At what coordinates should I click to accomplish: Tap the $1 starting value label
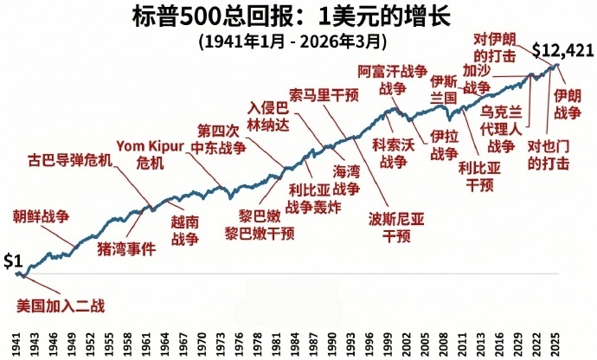(x=13, y=260)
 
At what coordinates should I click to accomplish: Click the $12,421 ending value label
(x=562, y=51)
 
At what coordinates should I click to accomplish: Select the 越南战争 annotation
(x=184, y=230)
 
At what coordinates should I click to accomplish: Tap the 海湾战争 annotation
(x=346, y=181)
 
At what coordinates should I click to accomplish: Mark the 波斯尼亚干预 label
(x=395, y=226)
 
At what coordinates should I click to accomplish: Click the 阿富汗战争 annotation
(x=392, y=80)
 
